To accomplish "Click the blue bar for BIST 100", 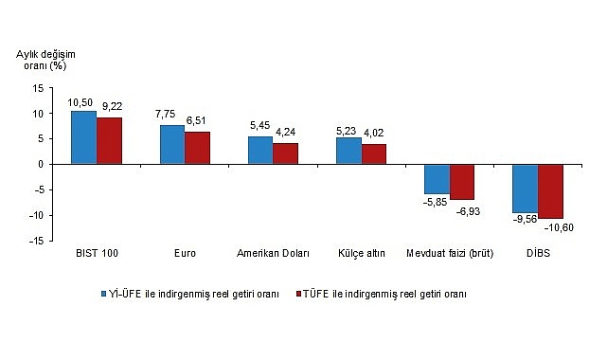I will (x=83, y=137).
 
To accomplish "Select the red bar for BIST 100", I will (x=109, y=140).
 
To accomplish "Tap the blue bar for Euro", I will (x=172, y=144).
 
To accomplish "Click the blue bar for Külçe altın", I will (x=348, y=151).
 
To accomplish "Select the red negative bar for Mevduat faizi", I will (x=462, y=182).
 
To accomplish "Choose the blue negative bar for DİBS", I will (x=525, y=189).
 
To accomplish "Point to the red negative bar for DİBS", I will (x=550, y=191).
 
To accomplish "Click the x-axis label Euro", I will (x=186, y=255).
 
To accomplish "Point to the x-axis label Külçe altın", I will (x=362, y=255).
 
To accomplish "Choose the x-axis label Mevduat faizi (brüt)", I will (x=450, y=255).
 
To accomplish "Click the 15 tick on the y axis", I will (x=37, y=88).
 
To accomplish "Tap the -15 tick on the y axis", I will (x=36, y=242).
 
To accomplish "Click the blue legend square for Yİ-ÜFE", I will (x=105, y=294).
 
